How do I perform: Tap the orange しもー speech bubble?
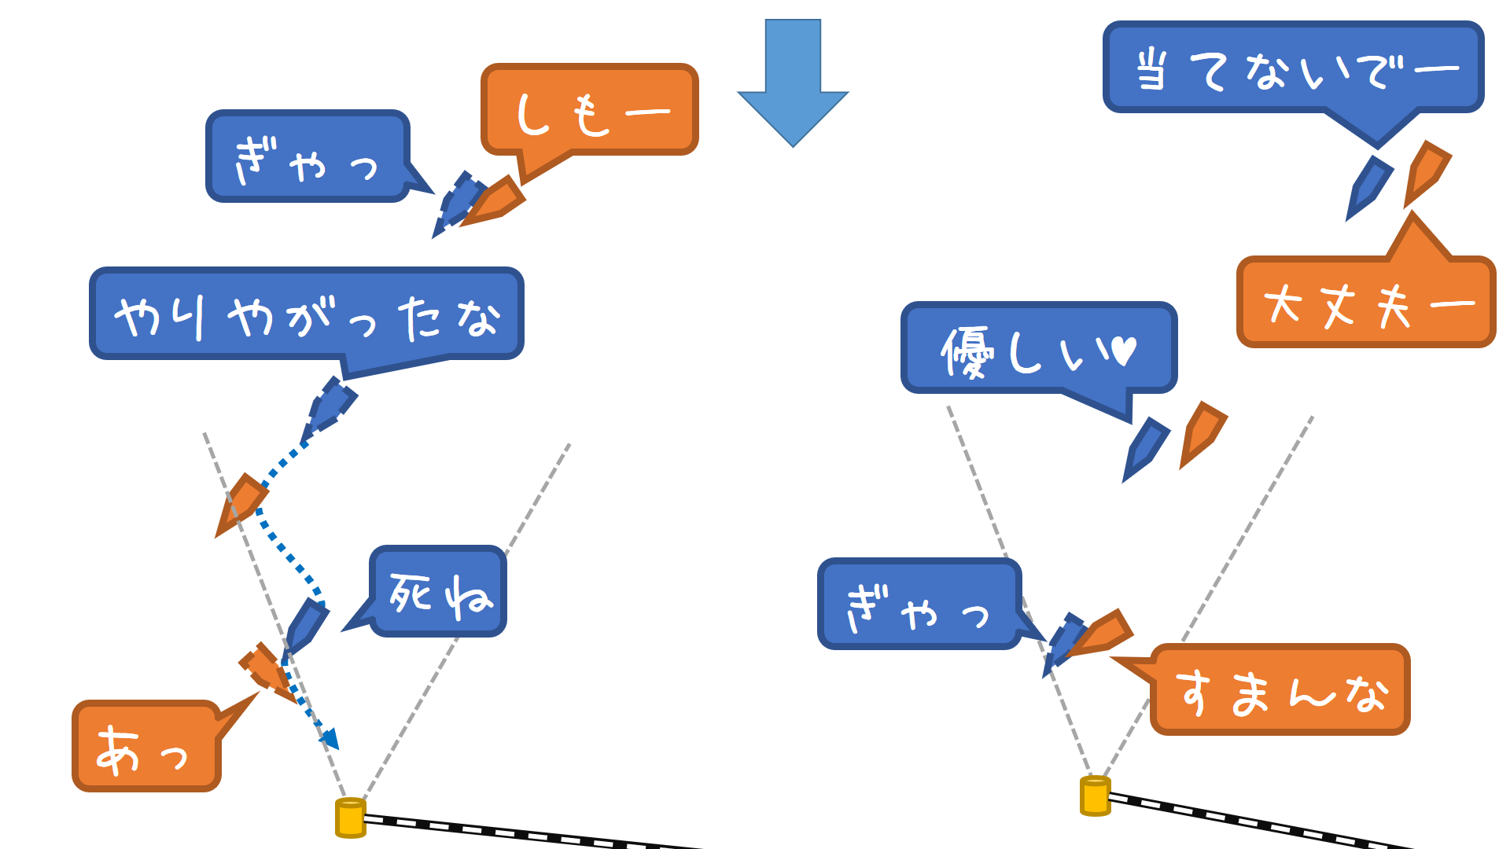590,110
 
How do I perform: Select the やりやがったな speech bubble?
307,314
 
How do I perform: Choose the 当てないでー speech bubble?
1293,68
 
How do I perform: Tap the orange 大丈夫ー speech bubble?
1366,303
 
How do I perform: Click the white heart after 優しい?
1125,350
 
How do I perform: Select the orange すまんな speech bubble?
1280,690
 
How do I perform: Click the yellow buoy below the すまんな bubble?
1095,796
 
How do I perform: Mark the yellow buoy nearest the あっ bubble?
351,818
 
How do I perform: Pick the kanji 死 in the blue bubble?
411,593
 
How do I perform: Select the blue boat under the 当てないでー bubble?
1368,187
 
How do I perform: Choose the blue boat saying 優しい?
1145,448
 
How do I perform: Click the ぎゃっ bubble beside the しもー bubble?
308,156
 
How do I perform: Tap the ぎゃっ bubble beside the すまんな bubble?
919,605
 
